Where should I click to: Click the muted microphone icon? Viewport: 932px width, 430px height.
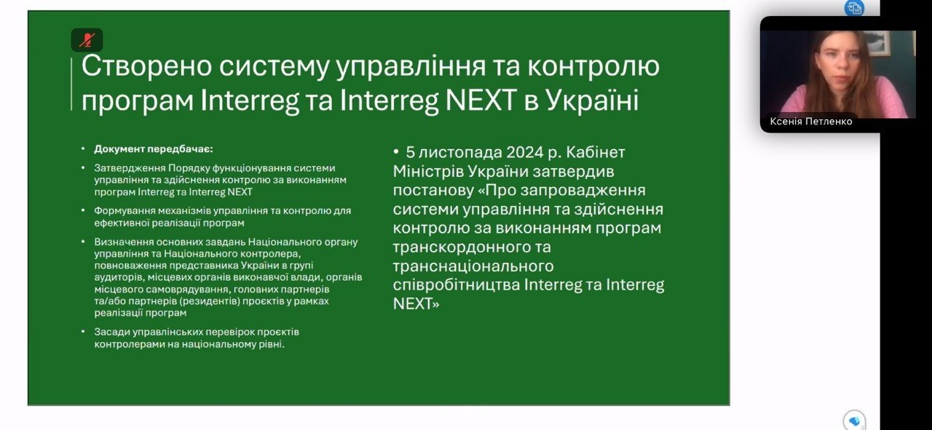click(87, 40)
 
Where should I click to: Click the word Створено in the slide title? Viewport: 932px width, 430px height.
click(147, 65)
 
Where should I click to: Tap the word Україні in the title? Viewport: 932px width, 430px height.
click(592, 100)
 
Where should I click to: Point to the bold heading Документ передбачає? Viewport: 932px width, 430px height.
click(154, 149)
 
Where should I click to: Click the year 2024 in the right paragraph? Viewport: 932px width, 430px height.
click(525, 152)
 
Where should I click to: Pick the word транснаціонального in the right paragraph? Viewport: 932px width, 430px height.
click(473, 266)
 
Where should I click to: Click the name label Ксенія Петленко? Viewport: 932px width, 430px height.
click(811, 122)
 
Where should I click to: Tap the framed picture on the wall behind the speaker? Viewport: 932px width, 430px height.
click(878, 42)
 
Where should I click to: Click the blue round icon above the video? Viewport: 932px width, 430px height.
click(854, 8)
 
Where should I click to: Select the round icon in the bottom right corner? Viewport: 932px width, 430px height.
click(854, 421)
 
